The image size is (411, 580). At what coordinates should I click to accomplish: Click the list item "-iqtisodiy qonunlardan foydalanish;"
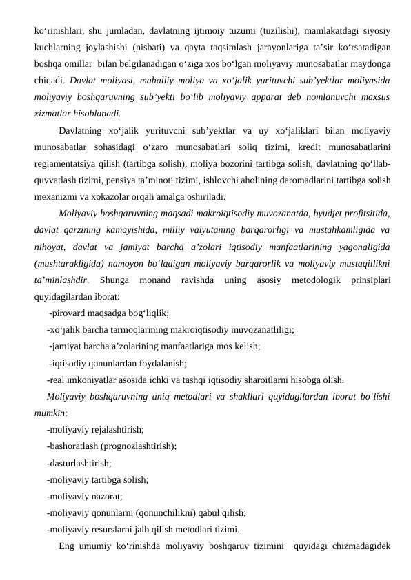pos(117,362)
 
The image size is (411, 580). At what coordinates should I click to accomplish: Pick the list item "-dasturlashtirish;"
pos(79,462)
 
